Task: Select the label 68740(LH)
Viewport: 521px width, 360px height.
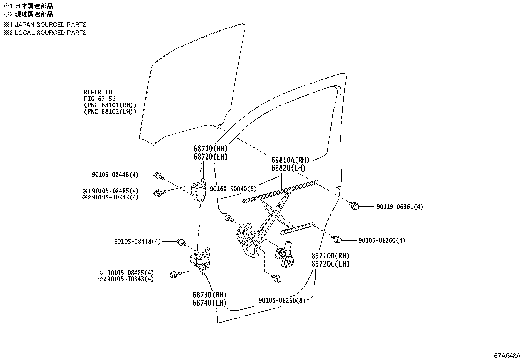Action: tap(209, 303)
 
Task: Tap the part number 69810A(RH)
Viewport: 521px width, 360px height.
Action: tap(290, 160)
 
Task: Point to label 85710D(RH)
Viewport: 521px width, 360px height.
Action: tap(330, 256)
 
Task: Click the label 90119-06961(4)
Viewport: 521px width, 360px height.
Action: tap(400, 207)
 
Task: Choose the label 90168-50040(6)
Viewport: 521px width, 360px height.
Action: tap(233, 189)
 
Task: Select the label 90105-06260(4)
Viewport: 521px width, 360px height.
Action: tap(382, 240)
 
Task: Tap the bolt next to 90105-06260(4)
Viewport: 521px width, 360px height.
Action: tap(336, 239)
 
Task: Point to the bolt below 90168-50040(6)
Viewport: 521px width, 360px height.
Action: tap(228, 218)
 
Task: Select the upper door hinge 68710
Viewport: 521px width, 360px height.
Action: tap(199, 191)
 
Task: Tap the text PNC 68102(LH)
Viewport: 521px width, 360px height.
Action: tap(110, 112)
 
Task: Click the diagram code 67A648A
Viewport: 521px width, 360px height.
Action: tap(507, 356)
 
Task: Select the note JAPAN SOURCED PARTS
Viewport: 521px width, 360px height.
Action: tap(51, 25)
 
